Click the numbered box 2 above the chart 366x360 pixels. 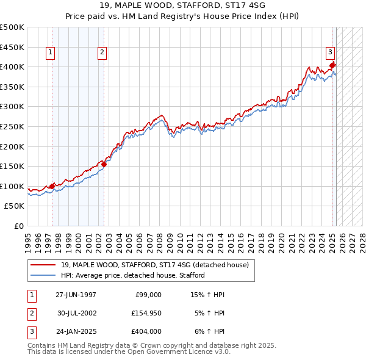point(102,53)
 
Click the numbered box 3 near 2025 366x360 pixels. point(329,53)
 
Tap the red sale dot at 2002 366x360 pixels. point(104,164)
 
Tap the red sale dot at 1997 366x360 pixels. point(52,186)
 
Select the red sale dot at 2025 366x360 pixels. point(332,65)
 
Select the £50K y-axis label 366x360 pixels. point(15,206)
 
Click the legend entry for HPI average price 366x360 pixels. point(133,275)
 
